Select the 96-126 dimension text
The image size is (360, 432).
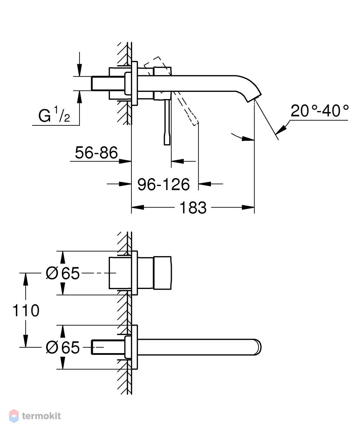tap(163, 184)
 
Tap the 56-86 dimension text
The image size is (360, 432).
tap(96, 152)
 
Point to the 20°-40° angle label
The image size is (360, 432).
tap(320, 111)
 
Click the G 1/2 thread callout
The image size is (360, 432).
tap(54, 115)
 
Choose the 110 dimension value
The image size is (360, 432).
tap(26, 311)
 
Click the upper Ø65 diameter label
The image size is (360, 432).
tap(63, 273)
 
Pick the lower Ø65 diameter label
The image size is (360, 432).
tap(63, 347)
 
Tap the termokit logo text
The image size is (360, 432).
tap(41, 416)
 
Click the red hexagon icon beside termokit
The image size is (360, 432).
tap(14, 416)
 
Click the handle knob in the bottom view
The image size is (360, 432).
tap(162, 273)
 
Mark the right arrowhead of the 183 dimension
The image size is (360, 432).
tap(248, 207)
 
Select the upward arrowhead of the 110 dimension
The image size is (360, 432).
tap(26, 279)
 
